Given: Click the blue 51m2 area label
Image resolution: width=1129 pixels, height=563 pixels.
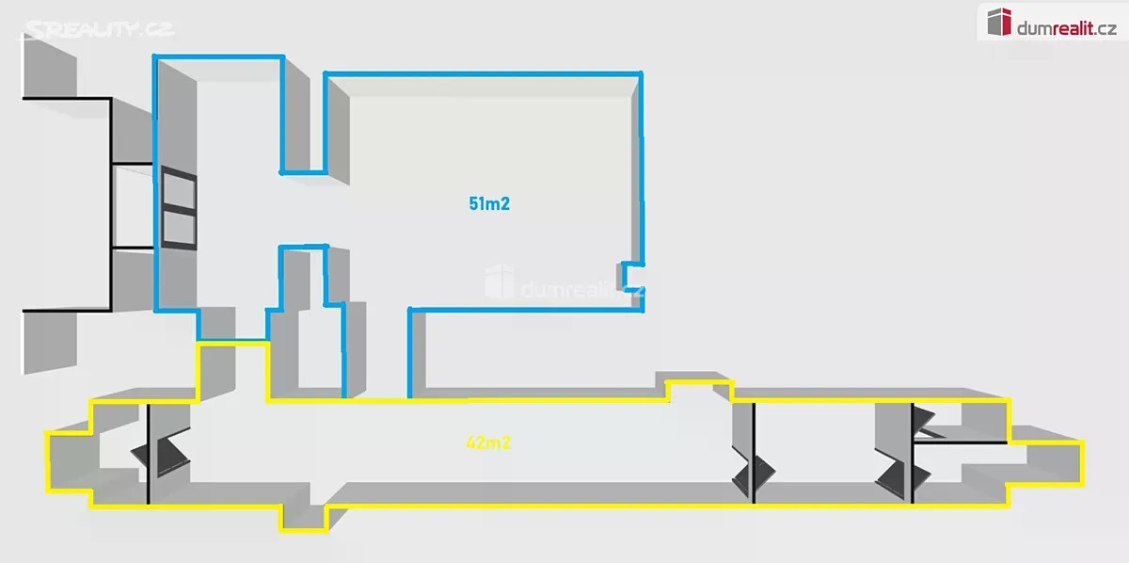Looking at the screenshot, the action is (x=489, y=203).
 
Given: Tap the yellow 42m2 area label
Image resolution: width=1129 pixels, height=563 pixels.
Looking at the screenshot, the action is (x=488, y=442).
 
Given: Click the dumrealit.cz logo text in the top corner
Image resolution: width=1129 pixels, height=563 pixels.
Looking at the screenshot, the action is (x=1067, y=28).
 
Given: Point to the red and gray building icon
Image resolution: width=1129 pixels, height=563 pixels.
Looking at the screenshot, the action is (x=999, y=23).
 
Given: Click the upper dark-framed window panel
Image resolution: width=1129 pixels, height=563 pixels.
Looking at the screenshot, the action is (x=179, y=189).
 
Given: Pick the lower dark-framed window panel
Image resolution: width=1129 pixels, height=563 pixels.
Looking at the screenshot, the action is (x=179, y=230).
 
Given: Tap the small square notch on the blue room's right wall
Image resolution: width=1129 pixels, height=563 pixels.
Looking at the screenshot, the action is (x=632, y=277).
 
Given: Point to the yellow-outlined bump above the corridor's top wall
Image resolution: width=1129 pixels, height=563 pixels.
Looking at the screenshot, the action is (x=698, y=391).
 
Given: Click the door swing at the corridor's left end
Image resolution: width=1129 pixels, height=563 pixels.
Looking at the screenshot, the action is (x=160, y=453).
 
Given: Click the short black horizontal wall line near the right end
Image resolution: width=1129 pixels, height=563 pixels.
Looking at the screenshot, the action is (x=960, y=442).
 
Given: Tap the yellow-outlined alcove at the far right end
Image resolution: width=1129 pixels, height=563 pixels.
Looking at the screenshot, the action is (x=1046, y=463).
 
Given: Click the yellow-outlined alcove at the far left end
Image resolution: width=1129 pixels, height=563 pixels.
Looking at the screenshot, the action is (x=70, y=461).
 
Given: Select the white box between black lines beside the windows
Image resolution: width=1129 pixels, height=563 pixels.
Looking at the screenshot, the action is (x=132, y=206).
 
